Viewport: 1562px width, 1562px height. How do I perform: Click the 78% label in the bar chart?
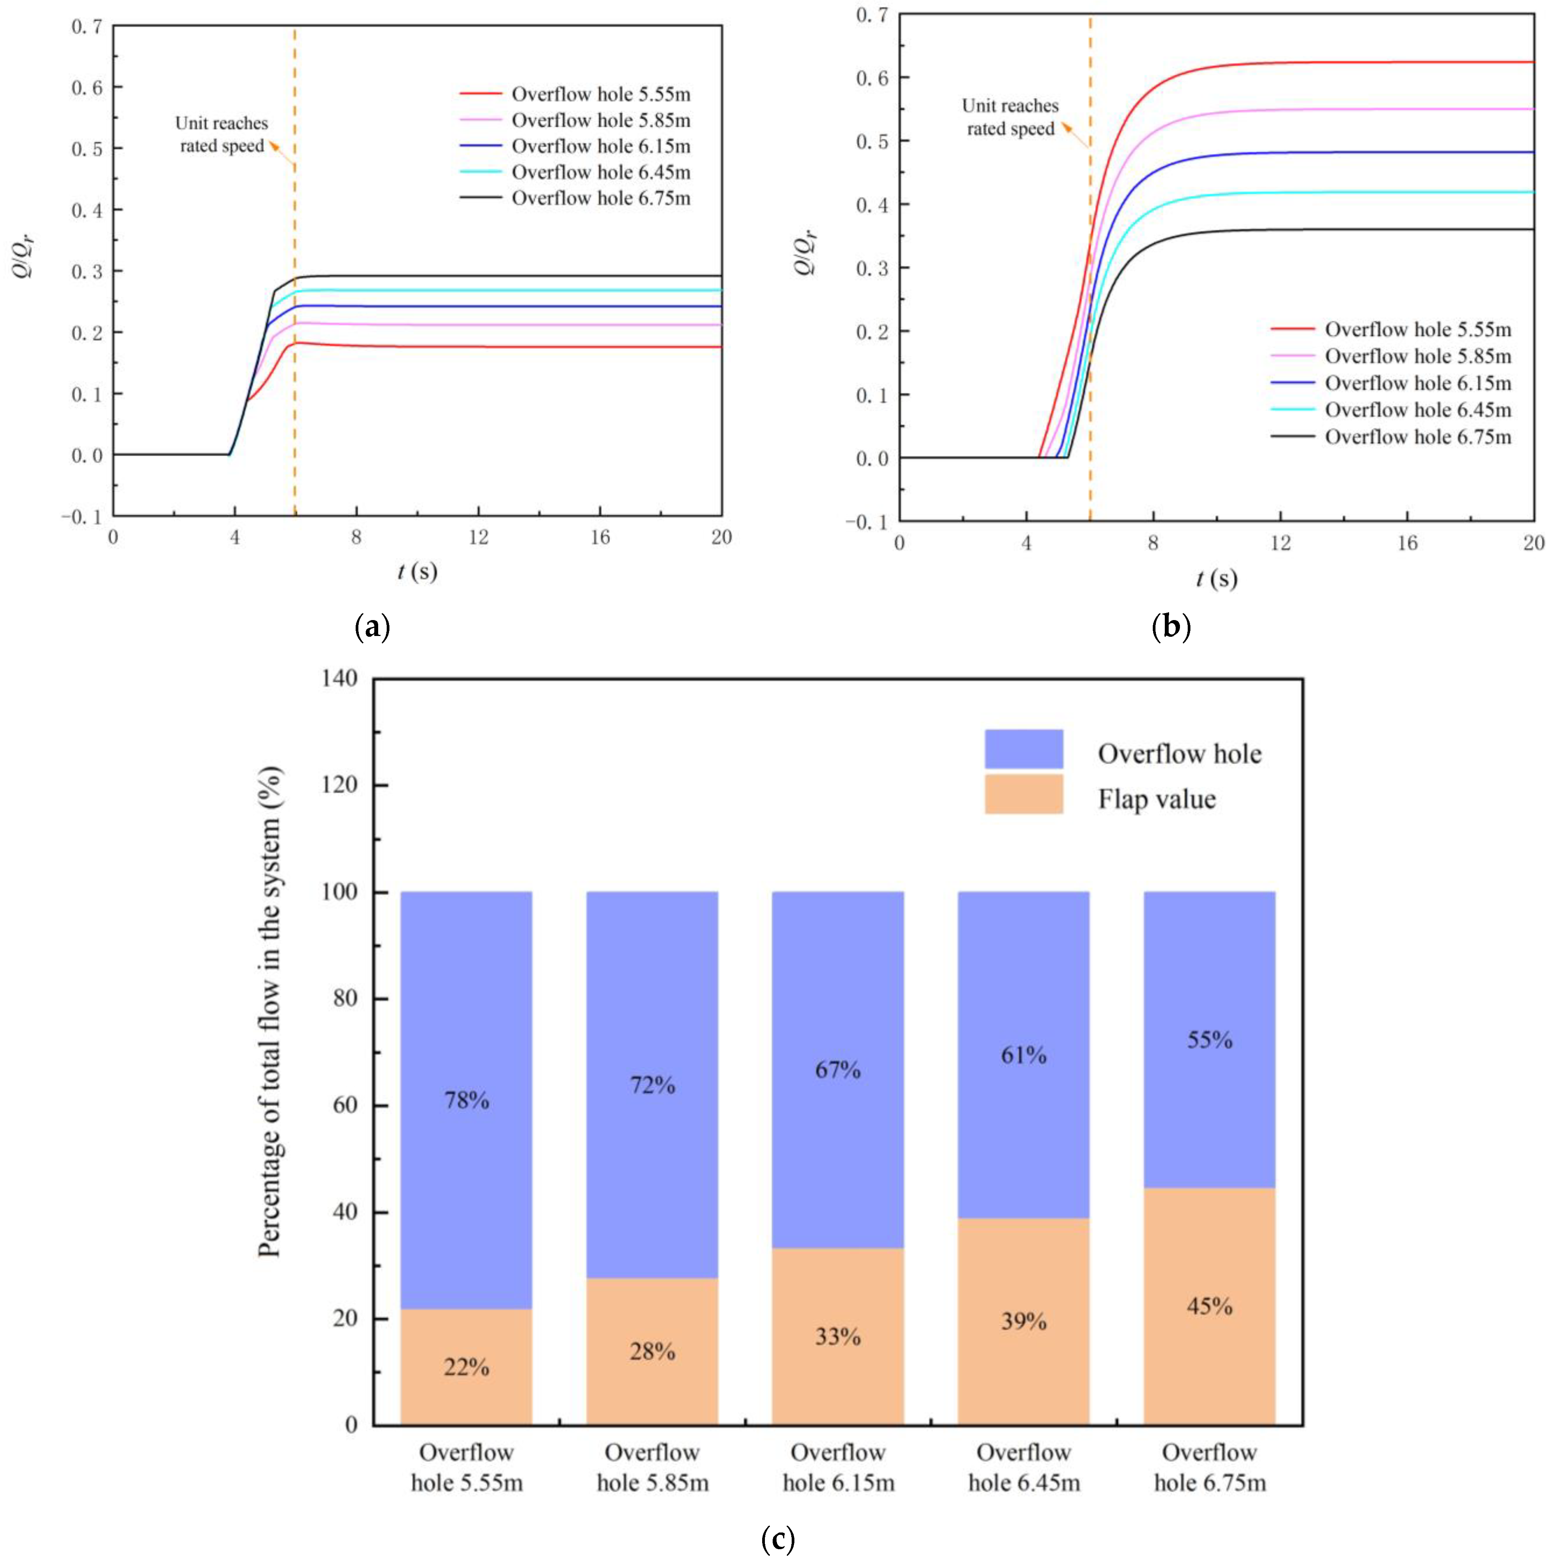[466, 1100]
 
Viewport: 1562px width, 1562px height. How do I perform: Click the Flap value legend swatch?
[1023, 794]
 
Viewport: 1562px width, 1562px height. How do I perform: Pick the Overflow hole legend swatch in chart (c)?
[1023, 749]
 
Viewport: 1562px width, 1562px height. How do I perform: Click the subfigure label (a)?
[373, 627]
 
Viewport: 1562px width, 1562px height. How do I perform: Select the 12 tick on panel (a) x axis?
[479, 537]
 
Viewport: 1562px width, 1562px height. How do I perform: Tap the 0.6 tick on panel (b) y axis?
[872, 78]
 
